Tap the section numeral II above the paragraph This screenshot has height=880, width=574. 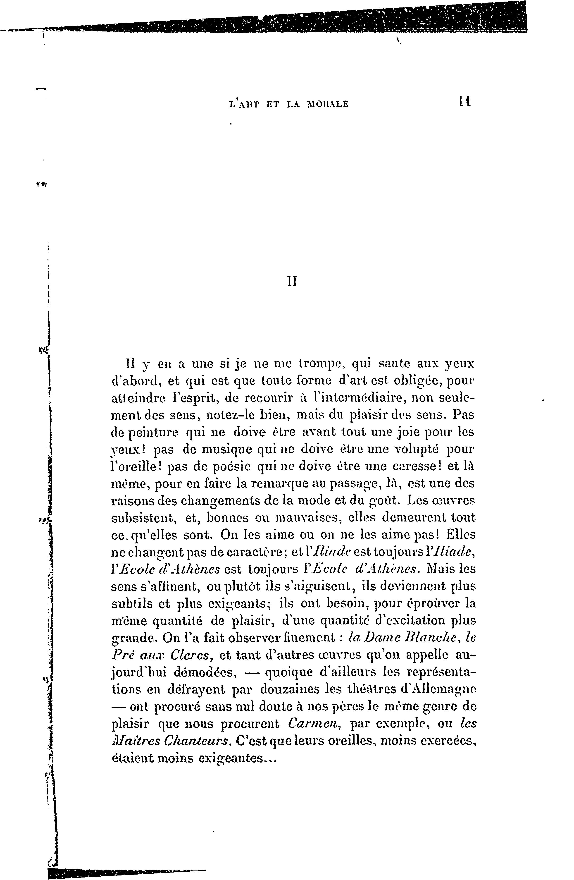pyautogui.click(x=292, y=282)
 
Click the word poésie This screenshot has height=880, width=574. pyautogui.click(x=229, y=467)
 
